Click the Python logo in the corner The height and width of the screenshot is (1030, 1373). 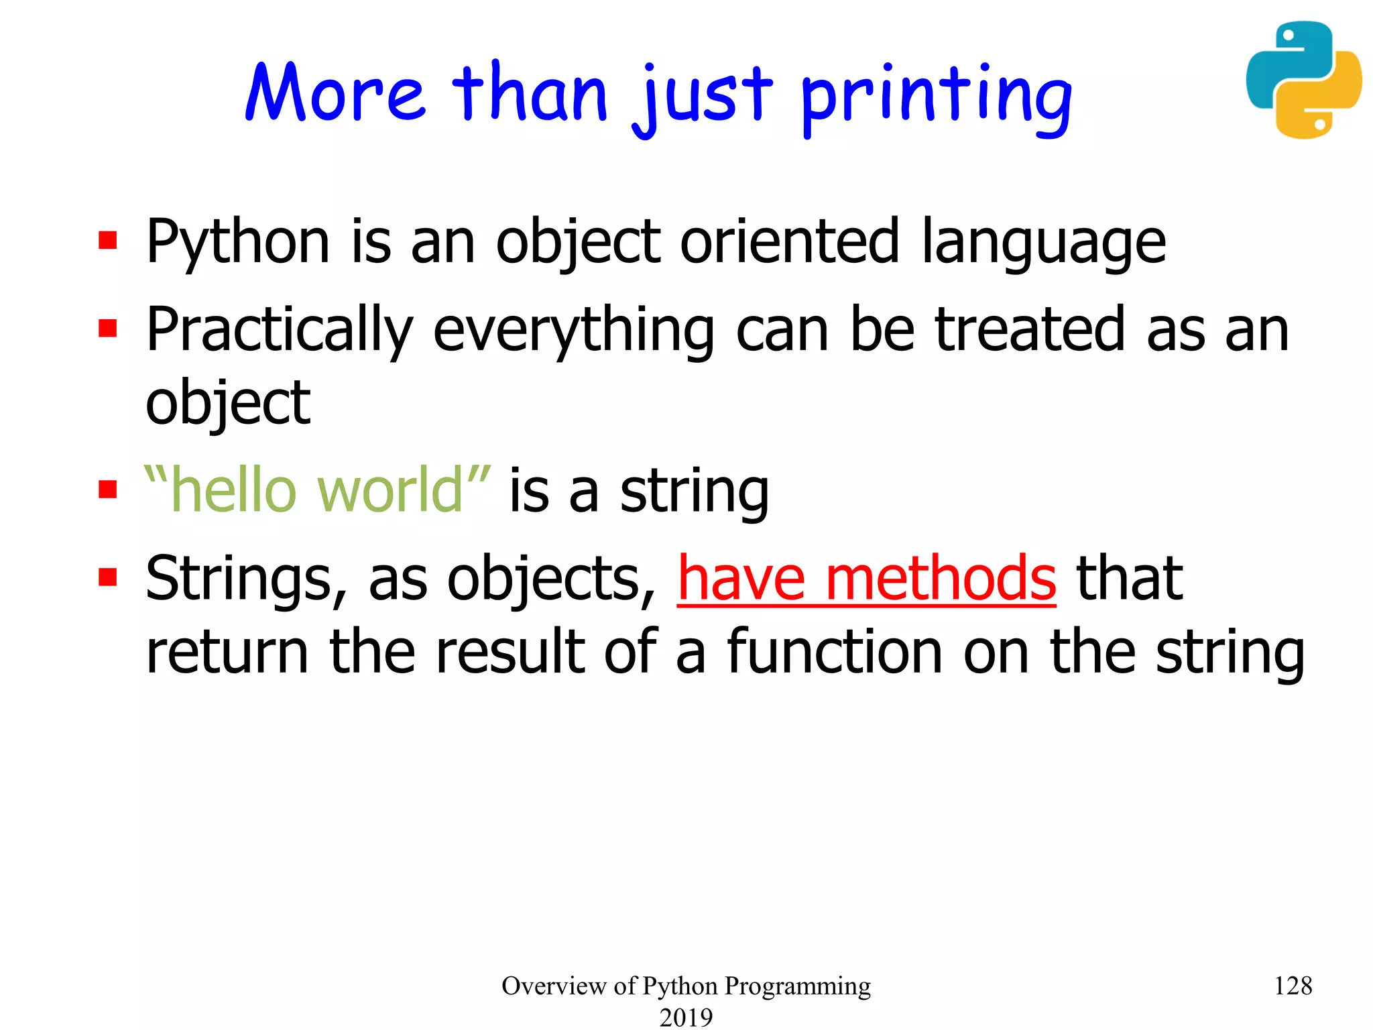point(1303,80)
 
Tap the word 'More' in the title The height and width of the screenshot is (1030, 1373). point(335,93)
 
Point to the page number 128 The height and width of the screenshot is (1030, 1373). point(1293,986)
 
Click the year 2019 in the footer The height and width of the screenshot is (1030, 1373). point(686,1017)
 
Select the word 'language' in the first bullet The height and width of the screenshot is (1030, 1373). point(1043,243)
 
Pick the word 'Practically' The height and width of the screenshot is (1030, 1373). point(280,331)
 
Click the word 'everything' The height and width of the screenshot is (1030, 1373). point(574,331)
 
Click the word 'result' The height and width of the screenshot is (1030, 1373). point(511,651)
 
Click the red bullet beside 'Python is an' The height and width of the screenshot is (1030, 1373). point(107,240)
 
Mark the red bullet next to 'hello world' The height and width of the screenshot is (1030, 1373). point(107,489)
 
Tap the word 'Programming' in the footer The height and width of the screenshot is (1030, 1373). point(798,986)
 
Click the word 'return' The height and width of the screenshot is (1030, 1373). point(227,652)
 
